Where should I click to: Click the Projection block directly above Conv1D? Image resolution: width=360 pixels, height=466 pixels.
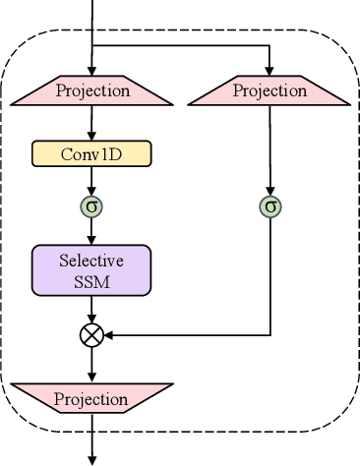pos(91,91)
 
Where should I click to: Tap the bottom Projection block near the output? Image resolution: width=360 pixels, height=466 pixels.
pos(91,399)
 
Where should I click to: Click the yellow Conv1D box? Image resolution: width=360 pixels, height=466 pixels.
pos(91,153)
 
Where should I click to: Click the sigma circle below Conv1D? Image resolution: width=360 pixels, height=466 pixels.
pos(91,206)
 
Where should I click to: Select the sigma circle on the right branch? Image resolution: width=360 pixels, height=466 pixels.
pos(270,206)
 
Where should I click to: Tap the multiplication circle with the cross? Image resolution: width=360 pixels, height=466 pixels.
pos(91,335)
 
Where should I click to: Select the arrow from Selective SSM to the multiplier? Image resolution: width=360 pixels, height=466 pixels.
pos(91,310)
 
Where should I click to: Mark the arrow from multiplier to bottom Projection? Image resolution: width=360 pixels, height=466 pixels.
pos(91,365)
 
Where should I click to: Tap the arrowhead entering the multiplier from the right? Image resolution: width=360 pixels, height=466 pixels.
pos(108,335)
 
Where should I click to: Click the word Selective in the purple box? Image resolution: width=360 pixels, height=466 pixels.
pos(91,262)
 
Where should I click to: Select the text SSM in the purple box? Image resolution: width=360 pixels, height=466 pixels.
pos(91,281)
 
